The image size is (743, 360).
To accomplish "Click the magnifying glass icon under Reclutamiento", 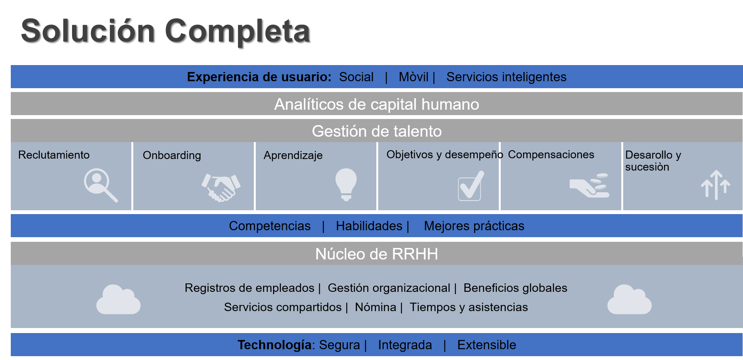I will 101,184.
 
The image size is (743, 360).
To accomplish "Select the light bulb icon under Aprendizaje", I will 346,184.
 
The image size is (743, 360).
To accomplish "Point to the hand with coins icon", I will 590,186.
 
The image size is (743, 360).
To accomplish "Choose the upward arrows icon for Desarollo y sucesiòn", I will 715,185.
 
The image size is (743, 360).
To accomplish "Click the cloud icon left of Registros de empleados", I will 118,300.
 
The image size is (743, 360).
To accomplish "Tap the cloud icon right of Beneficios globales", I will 629,300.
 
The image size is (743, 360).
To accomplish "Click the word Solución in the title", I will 87,31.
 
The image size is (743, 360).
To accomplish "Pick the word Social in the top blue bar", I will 356,77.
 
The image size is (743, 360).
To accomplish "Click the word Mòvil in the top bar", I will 413,77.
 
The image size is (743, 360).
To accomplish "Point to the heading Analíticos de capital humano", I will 376,104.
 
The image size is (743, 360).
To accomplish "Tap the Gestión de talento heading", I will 376,131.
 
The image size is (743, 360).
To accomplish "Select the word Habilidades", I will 369,226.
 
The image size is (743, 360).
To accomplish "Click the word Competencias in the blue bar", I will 270,226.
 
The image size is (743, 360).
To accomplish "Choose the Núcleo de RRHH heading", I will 376,254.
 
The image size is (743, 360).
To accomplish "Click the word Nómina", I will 375,307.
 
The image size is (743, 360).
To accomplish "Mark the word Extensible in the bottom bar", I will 486,345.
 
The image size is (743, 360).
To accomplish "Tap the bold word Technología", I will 274,345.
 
